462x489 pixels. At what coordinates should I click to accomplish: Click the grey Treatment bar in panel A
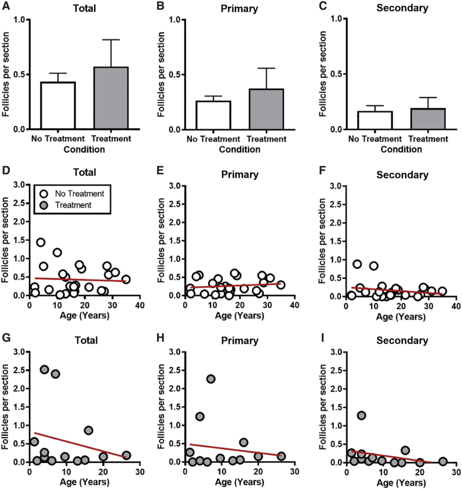pyautogui.click(x=111, y=98)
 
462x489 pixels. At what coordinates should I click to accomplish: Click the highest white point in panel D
pyautogui.click(x=41, y=242)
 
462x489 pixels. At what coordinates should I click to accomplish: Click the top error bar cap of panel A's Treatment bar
pyautogui.click(x=111, y=39)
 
